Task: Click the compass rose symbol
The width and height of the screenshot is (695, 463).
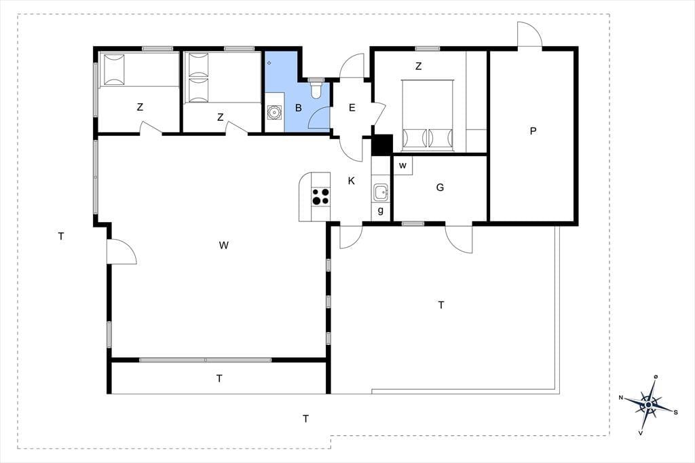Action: [648, 405]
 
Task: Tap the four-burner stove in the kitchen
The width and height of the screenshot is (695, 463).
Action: [321, 196]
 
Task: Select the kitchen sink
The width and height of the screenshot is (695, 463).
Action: [381, 193]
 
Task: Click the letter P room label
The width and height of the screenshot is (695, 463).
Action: [533, 131]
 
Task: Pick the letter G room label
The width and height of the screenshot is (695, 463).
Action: [440, 187]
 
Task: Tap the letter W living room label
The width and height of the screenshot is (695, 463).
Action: [224, 245]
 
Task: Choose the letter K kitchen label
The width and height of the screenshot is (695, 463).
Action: [352, 181]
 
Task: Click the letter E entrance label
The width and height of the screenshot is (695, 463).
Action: [352, 108]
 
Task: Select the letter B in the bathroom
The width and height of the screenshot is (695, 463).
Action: [299, 108]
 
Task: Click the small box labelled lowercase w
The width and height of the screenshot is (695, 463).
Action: [403, 166]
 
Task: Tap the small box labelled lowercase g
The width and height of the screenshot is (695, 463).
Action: [381, 211]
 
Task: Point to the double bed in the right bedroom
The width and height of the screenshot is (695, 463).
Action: [428, 115]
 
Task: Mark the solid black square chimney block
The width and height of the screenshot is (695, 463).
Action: [381, 145]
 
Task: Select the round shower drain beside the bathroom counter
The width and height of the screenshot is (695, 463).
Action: [275, 113]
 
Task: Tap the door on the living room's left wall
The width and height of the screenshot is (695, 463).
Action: [121, 251]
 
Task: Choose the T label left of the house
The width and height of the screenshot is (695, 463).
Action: [61, 236]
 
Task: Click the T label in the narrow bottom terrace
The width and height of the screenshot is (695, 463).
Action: [219, 378]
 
